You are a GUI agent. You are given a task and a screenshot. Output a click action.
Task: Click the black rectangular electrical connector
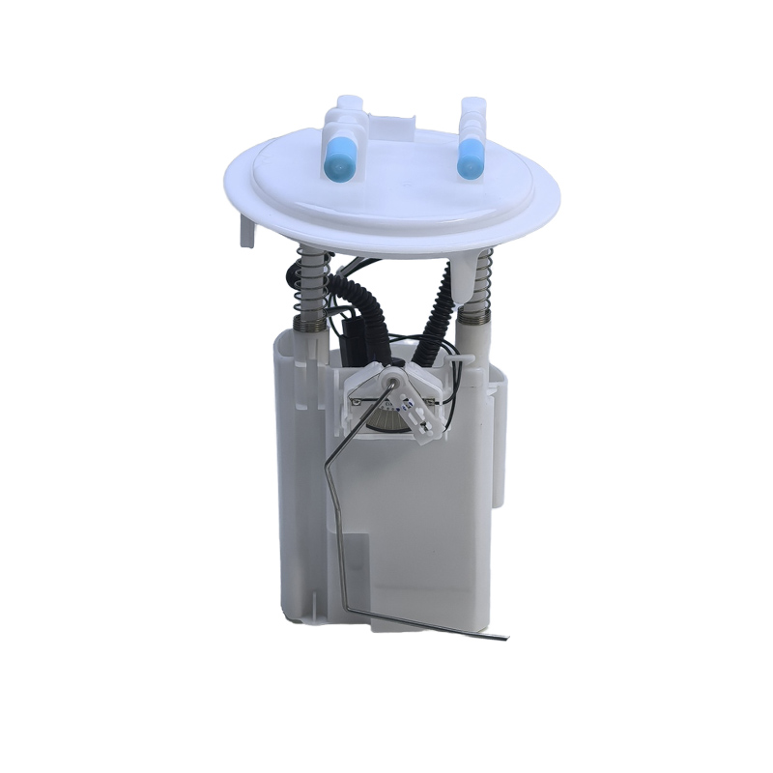pyautogui.click(x=355, y=338)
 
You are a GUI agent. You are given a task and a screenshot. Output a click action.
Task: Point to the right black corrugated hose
pyautogui.click(x=437, y=290)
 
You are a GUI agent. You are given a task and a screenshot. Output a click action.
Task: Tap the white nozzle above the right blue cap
pyautogui.click(x=473, y=111)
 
